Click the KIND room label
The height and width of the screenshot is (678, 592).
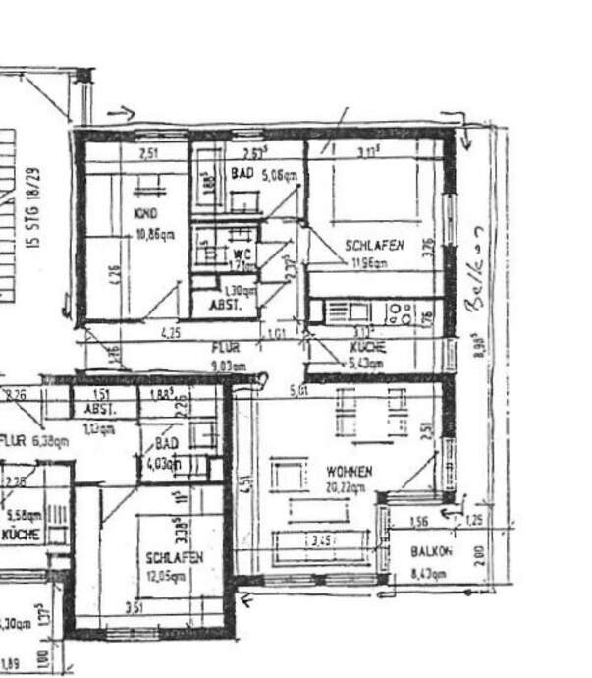click(x=144, y=213)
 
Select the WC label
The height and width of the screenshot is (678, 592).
click(x=237, y=254)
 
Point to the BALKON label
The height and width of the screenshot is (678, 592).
click(x=431, y=552)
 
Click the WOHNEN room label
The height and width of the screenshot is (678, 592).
click(x=349, y=472)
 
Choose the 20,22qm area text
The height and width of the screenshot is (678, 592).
click(x=349, y=487)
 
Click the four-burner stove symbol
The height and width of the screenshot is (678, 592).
click(x=400, y=312)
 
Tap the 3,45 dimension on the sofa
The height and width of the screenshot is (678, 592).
click(x=320, y=541)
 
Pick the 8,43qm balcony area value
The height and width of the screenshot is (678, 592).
click(x=430, y=573)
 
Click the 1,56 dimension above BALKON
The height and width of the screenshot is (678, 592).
click(x=418, y=521)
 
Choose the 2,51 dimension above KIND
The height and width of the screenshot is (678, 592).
click(x=148, y=153)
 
